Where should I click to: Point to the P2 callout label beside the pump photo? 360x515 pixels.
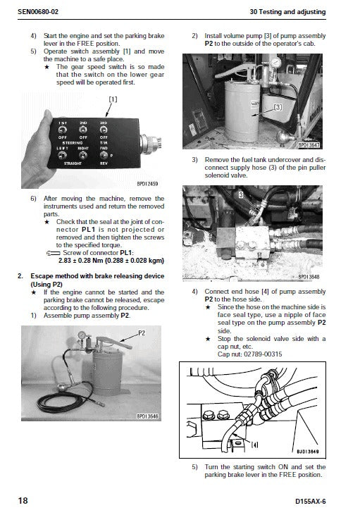coord(142,331)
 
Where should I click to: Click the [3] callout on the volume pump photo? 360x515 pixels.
coord(277,107)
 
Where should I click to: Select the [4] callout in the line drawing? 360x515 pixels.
coord(254,444)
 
